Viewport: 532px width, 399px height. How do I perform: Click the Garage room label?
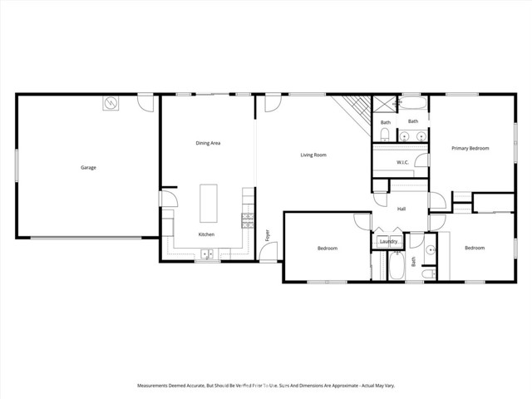(x=88, y=168)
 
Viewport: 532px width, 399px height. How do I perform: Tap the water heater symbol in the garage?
(x=111, y=103)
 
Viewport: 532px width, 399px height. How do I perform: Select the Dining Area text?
(x=208, y=143)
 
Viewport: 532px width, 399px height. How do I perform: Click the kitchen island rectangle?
(x=207, y=202)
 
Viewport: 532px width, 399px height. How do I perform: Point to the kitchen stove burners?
(x=247, y=219)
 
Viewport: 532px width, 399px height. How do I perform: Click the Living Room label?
(x=313, y=155)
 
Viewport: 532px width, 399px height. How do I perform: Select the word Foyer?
(x=268, y=235)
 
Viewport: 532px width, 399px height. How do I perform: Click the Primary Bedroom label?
(x=470, y=148)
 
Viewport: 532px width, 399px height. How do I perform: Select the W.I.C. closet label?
(x=401, y=162)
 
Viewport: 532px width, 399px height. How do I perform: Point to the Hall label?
(x=401, y=209)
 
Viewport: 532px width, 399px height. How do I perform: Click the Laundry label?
(x=387, y=242)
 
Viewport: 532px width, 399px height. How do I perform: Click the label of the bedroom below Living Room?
(x=327, y=248)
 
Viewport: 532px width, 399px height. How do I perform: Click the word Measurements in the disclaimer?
(x=155, y=386)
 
